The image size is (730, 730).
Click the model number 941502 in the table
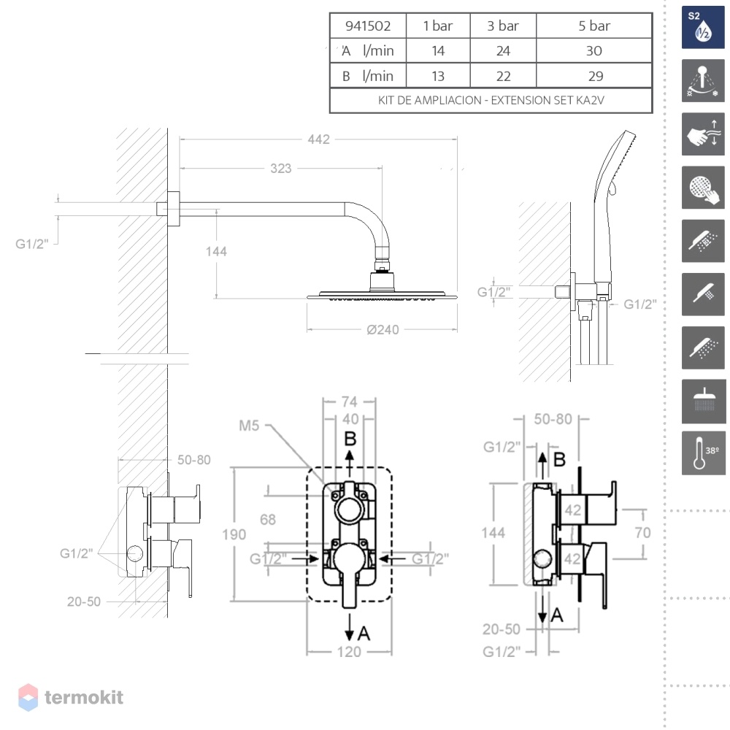tap(368, 26)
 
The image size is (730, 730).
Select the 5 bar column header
tap(594, 26)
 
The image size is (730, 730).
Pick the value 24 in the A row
tap(503, 51)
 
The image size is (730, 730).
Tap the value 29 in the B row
tap(596, 76)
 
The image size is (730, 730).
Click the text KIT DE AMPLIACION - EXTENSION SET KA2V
tap(491, 100)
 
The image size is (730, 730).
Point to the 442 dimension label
tap(319, 139)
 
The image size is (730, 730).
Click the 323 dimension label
tap(281, 169)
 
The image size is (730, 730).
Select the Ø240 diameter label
tap(383, 330)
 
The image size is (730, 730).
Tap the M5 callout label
tap(249, 426)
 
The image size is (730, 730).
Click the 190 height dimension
tap(234, 534)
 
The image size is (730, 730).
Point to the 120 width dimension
tap(349, 652)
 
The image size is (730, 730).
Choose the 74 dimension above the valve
tap(350, 401)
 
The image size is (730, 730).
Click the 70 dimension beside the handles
tap(642, 533)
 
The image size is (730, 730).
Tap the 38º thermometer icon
tap(704, 453)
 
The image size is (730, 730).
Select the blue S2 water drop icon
tap(704, 28)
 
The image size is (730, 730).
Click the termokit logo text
tap(84, 697)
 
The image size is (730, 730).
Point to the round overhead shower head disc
tap(383, 296)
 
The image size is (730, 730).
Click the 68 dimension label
tap(268, 520)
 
